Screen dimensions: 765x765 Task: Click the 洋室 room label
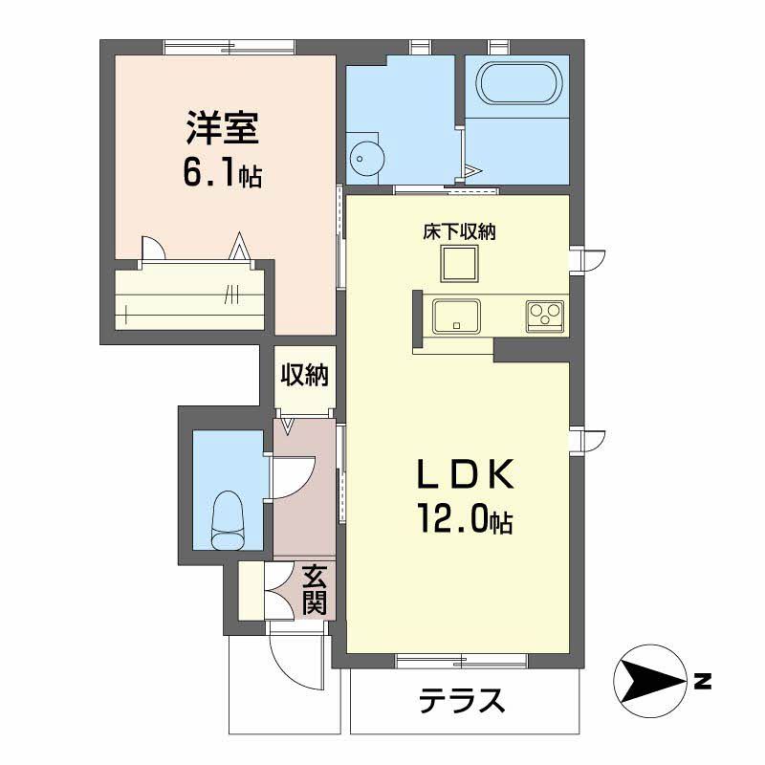[222, 128]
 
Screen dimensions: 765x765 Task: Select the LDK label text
[466, 473]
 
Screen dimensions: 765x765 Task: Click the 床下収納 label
[459, 231]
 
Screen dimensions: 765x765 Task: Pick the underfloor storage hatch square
[459, 264]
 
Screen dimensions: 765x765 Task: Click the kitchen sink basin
[457, 317]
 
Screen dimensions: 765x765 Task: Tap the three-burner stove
[544, 316]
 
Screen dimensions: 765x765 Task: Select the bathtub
[518, 82]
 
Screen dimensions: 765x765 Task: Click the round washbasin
[367, 159]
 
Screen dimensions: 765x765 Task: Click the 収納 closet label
[304, 375]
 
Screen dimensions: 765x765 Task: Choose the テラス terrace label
[462, 700]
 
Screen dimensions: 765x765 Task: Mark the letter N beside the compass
[703, 681]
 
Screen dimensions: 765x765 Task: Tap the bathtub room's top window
[497, 47]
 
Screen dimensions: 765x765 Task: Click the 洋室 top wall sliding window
[229, 47]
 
